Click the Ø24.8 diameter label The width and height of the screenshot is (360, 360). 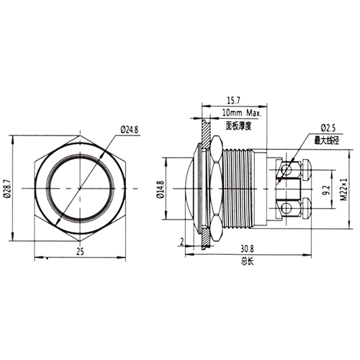pos(129,130)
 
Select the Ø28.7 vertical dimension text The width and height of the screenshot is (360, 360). pos(7,188)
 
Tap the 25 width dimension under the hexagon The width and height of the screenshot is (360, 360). pos(80,251)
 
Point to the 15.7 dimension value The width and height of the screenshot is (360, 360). pos(233,101)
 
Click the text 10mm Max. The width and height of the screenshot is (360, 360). pos(241,113)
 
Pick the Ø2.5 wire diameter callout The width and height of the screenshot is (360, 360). pos(328,128)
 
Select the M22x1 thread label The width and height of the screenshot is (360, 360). pos(344,189)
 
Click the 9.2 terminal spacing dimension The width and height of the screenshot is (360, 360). pos(327,190)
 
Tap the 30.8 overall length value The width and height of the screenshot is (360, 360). pos(248,249)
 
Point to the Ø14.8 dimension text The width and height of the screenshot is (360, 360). pos(161,189)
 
